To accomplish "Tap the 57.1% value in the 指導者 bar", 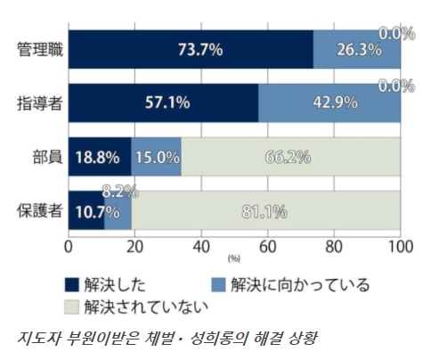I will pyautogui.click(x=167, y=102).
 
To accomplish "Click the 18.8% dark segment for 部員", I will pyautogui.click(x=98, y=157).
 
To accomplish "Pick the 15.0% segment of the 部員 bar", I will pyautogui.click(x=156, y=157).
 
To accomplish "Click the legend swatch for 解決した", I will pyautogui.click(x=72, y=285).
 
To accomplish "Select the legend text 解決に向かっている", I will pyautogui.click(x=299, y=285).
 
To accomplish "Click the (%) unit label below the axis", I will pyautogui.click(x=234, y=258).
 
